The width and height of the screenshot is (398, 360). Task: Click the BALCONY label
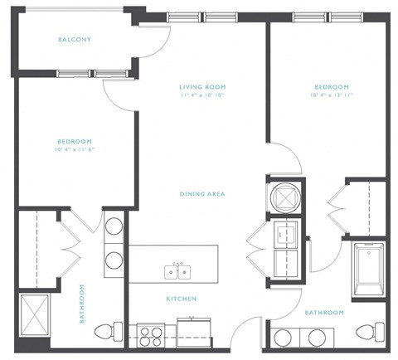75,40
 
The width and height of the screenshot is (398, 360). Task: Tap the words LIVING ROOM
202,87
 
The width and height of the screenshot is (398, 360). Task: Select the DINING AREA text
202,194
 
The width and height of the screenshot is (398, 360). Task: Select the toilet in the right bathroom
365,333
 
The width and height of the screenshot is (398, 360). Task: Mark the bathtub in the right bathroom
369,270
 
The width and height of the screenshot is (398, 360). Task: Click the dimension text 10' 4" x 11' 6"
75,151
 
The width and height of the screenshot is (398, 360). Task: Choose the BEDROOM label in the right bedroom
331,87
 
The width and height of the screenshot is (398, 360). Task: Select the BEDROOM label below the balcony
75,142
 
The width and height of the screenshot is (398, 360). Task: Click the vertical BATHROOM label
82,304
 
